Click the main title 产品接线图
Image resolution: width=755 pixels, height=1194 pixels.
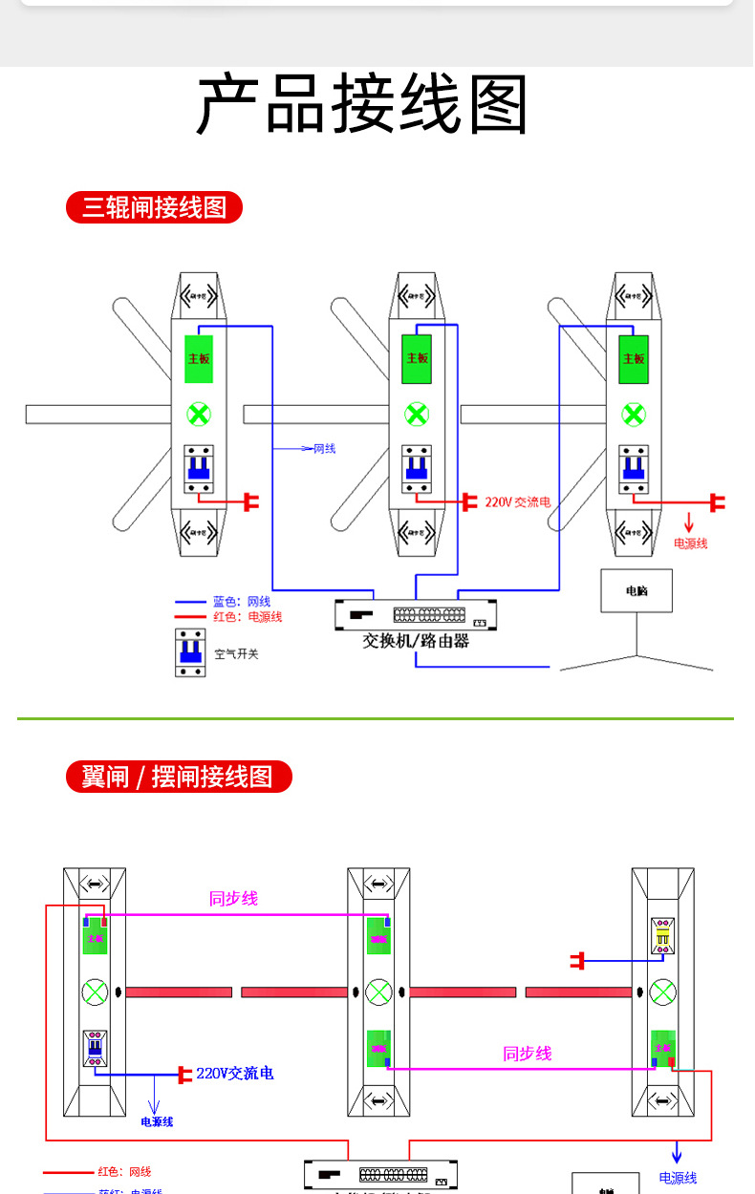point(362,104)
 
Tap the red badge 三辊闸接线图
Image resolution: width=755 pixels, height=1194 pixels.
point(154,207)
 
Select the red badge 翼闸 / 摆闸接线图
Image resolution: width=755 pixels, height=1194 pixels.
point(178,777)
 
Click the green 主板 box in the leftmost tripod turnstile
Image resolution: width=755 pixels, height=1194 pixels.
point(199,358)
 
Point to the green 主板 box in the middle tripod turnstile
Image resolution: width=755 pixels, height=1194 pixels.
point(417,358)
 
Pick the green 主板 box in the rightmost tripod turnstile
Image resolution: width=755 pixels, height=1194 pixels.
point(634,358)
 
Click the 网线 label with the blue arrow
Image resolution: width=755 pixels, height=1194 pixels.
point(324,448)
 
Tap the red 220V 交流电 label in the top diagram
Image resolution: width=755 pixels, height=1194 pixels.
point(517,501)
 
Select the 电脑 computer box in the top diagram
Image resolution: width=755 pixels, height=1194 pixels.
point(636,591)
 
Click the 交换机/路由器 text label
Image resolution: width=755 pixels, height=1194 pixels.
point(416,641)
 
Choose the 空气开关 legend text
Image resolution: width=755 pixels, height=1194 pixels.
point(236,654)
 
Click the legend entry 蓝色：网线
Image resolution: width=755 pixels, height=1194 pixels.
point(241,602)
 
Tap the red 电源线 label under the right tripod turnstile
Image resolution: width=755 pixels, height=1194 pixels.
point(690,544)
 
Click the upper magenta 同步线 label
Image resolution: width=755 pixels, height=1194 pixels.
point(233,899)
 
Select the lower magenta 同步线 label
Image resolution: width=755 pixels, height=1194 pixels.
point(528,1054)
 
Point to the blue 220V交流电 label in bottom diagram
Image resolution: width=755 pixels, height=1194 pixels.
point(235,1074)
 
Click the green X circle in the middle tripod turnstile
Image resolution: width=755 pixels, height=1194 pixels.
point(417,415)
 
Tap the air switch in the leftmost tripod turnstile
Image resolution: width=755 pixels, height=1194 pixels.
point(199,468)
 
